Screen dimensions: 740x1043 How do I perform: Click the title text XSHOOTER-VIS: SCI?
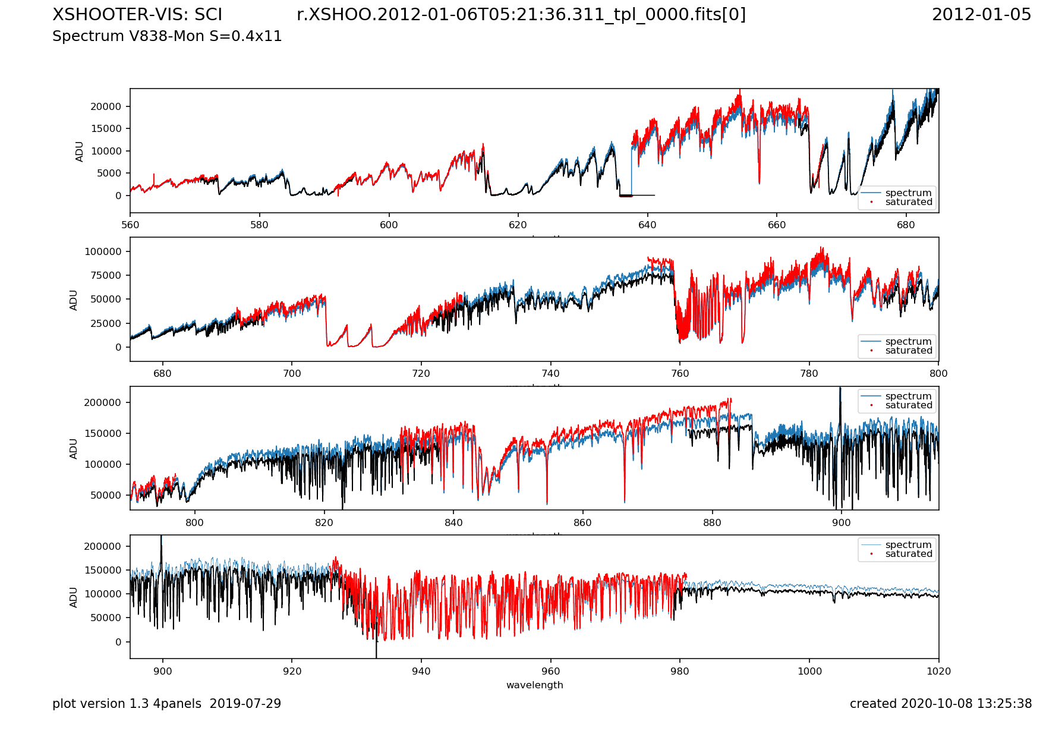click(137, 14)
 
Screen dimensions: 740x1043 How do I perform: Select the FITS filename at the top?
click(521, 14)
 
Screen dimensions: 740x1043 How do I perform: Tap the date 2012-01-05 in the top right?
click(981, 14)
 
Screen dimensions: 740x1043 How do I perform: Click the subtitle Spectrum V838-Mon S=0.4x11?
click(167, 36)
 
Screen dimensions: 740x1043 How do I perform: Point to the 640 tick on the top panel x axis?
click(647, 225)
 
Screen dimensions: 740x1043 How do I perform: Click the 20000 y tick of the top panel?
click(106, 106)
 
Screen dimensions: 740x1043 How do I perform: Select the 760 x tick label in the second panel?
click(680, 373)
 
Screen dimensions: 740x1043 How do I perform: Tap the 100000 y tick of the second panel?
click(103, 251)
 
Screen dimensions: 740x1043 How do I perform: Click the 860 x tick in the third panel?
click(582, 522)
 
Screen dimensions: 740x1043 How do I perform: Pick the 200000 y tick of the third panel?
click(103, 402)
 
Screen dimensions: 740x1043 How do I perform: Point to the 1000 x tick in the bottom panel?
click(809, 671)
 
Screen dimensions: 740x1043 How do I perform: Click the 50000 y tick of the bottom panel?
click(106, 618)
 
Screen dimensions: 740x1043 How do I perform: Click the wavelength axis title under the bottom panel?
click(534, 685)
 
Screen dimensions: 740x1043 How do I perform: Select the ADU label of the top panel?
click(79, 151)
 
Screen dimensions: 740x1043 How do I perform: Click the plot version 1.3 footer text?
click(166, 704)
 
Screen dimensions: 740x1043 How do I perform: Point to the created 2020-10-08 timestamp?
click(940, 704)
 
